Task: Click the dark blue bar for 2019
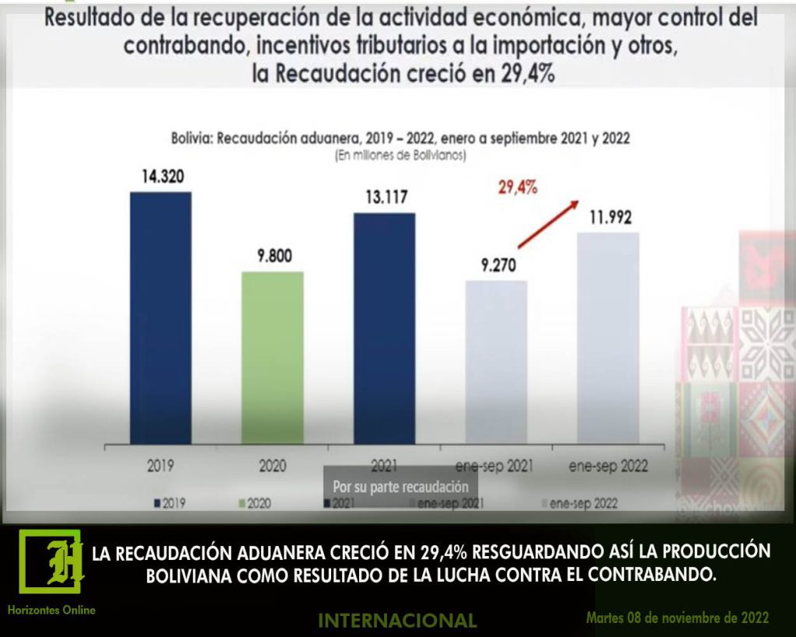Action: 160,319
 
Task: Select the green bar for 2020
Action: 272,359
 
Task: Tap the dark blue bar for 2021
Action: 384,330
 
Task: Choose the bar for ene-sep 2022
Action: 608,339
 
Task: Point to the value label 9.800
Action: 272,256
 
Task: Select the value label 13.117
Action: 384,198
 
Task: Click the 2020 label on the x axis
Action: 272,467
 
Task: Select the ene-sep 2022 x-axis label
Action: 608,467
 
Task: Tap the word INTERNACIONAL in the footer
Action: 397,620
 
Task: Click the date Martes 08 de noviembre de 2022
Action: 678,618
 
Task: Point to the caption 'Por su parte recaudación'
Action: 400,487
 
